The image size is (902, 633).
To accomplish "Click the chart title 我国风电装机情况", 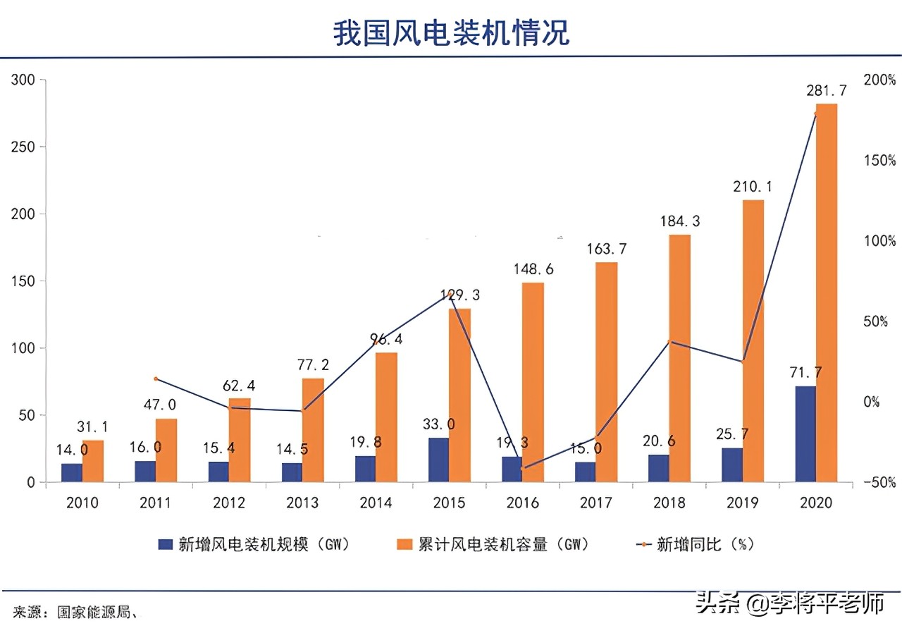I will point(451,33).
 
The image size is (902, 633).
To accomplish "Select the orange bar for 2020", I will point(826,293).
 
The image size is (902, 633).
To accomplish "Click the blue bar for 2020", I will point(805,434).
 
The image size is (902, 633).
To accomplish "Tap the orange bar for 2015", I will point(459,395).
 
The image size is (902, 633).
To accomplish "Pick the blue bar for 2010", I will point(71,473).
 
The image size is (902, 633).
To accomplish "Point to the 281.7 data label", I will point(826,91).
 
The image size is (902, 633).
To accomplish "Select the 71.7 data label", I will point(808,373).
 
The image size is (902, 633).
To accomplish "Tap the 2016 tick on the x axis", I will point(523,503).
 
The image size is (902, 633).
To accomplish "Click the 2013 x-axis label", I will point(302,503).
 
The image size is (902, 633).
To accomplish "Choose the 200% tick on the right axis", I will point(879,80).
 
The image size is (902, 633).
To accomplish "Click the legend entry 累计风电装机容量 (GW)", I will point(493,544).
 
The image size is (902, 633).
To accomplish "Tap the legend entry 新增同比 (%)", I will point(696,544).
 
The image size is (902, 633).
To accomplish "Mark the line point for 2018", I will point(672,342).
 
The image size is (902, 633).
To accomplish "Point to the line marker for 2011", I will point(156,379).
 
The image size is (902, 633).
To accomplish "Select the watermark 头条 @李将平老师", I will point(789,603).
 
